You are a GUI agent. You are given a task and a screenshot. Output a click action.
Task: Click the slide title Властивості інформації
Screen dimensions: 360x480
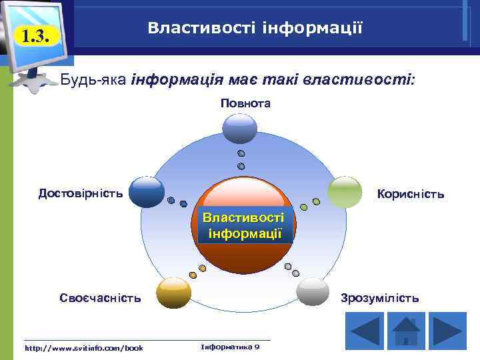click(255, 28)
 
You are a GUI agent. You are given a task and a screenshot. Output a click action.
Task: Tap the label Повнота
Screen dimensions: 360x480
click(245, 103)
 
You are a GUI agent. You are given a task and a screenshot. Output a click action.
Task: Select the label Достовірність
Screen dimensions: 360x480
click(81, 194)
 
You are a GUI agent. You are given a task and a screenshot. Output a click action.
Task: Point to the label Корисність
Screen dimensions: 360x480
click(410, 195)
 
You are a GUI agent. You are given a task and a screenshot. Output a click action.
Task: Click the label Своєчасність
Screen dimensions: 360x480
click(100, 298)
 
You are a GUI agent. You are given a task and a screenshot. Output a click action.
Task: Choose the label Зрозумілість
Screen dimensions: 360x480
click(380, 298)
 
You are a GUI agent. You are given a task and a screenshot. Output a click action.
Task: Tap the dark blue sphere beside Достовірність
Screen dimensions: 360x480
click(147, 192)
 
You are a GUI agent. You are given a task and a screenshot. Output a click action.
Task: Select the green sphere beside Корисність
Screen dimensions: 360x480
click(345, 192)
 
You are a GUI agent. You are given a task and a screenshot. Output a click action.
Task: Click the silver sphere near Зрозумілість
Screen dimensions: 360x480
click(313, 292)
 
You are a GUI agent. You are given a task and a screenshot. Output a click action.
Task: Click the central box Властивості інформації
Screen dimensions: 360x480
click(243, 226)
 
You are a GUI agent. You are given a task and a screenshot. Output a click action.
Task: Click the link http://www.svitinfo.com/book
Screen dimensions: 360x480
click(84, 348)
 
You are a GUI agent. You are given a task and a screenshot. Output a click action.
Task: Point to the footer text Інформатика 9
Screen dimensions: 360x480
click(230, 347)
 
